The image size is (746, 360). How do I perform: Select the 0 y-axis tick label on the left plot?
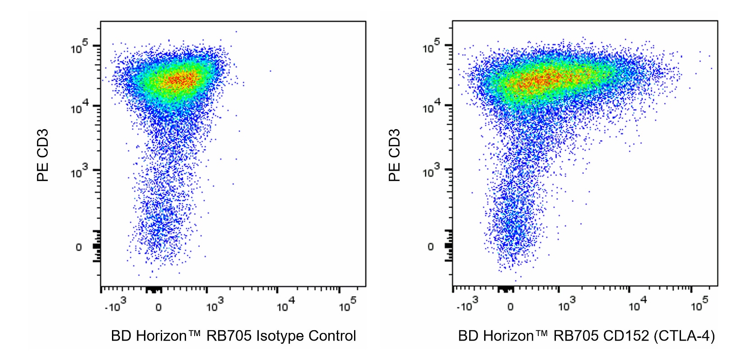pyautogui.click(x=79, y=248)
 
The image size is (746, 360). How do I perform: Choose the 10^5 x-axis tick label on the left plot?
pyautogui.click(x=348, y=305)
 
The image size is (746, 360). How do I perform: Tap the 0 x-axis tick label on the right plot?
pyautogui.click(x=510, y=307)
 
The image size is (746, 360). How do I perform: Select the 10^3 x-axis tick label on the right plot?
pyautogui.click(x=567, y=305)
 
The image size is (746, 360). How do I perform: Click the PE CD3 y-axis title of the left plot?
pyautogui.click(x=43, y=156)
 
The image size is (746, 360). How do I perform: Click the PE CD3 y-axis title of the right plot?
pyautogui.click(x=395, y=155)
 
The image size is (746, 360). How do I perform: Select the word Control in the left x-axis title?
pyautogui.click(x=332, y=337)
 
